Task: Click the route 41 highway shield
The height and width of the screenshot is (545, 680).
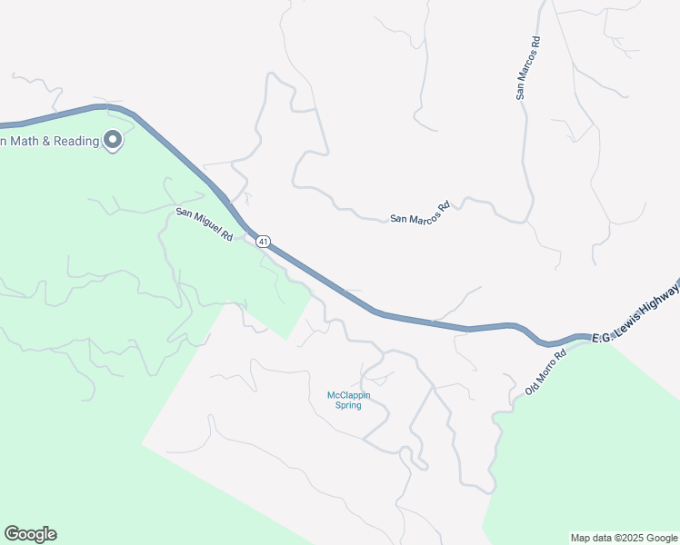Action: [263, 241]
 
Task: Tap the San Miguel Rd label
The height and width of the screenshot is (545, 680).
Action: [205, 223]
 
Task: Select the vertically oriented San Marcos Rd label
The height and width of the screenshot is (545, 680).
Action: [527, 67]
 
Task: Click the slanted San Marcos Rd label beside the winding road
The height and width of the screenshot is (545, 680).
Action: [420, 213]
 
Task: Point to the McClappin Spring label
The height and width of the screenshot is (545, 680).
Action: [345, 400]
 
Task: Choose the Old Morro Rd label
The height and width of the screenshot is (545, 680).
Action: [545, 372]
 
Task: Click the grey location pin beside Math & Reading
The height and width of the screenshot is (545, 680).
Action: [113, 140]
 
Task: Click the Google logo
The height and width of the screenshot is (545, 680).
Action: [30, 534]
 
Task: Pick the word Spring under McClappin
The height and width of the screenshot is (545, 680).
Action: [345, 405]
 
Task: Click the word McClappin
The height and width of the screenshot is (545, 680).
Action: [345, 394]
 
